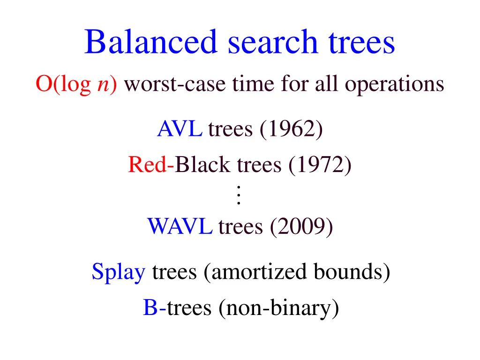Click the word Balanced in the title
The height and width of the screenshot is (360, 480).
pos(151,42)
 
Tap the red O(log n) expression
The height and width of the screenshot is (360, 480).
pos(76,85)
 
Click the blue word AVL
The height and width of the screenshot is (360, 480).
pos(180,129)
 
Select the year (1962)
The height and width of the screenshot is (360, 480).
pos(291,129)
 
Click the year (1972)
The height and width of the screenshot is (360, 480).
pos(320,165)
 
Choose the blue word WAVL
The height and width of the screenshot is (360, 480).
pos(180,227)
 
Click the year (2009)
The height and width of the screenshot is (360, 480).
pos(301,227)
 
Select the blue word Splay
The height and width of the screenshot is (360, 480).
pos(118,272)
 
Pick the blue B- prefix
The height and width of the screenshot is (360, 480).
pos(154,308)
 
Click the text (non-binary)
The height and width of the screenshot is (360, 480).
pos(278,308)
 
